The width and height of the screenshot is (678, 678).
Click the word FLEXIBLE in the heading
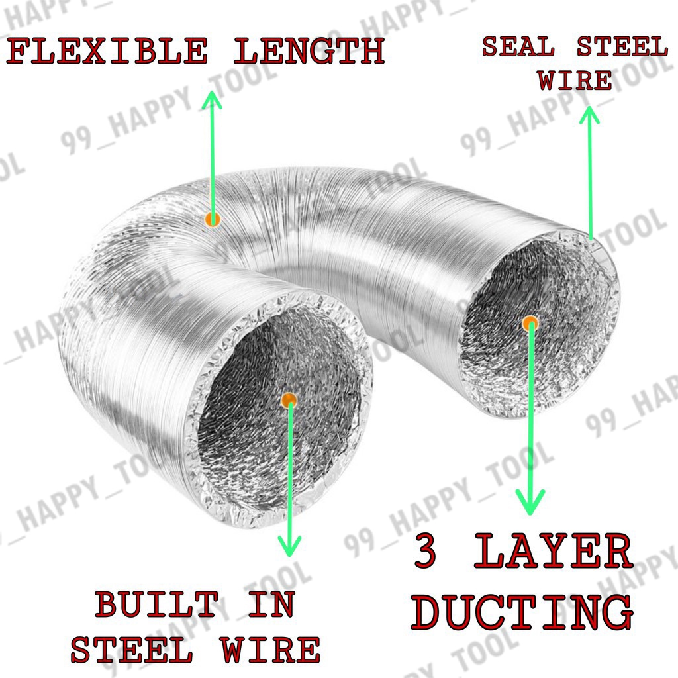click(x=107, y=52)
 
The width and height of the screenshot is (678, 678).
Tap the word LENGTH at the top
click(x=309, y=52)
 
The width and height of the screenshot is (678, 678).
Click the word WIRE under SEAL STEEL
click(x=575, y=81)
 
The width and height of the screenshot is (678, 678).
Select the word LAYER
click(x=554, y=553)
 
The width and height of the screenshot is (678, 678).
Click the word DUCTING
click(x=522, y=612)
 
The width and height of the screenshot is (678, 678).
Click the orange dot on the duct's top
click(x=212, y=219)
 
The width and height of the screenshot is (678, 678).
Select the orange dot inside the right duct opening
click(x=530, y=324)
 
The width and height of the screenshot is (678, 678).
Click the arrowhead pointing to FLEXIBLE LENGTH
click(x=211, y=99)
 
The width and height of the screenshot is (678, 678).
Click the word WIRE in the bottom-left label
click(x=271, y=650)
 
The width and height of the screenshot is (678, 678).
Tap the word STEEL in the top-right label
click(x=621, y=48)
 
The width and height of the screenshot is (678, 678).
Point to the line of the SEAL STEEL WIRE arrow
click(x=589, y=179)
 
